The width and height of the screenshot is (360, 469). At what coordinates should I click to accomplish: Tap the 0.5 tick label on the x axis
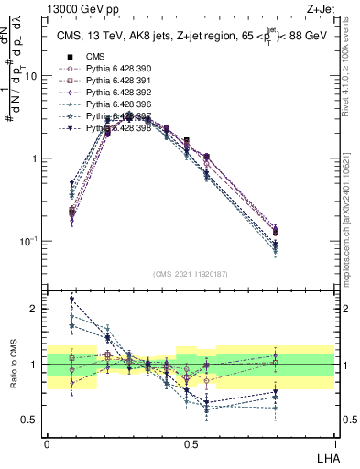point(191,442)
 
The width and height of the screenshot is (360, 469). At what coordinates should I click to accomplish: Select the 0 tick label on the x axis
point(47,442)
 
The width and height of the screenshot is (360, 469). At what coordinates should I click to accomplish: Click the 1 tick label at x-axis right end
point(333,442)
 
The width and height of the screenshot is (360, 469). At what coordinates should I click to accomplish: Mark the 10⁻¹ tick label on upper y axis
point(27,241)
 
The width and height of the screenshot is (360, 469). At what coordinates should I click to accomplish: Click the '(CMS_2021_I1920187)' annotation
point(190,273)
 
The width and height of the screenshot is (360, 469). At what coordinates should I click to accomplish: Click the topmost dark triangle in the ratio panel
point(71,300)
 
